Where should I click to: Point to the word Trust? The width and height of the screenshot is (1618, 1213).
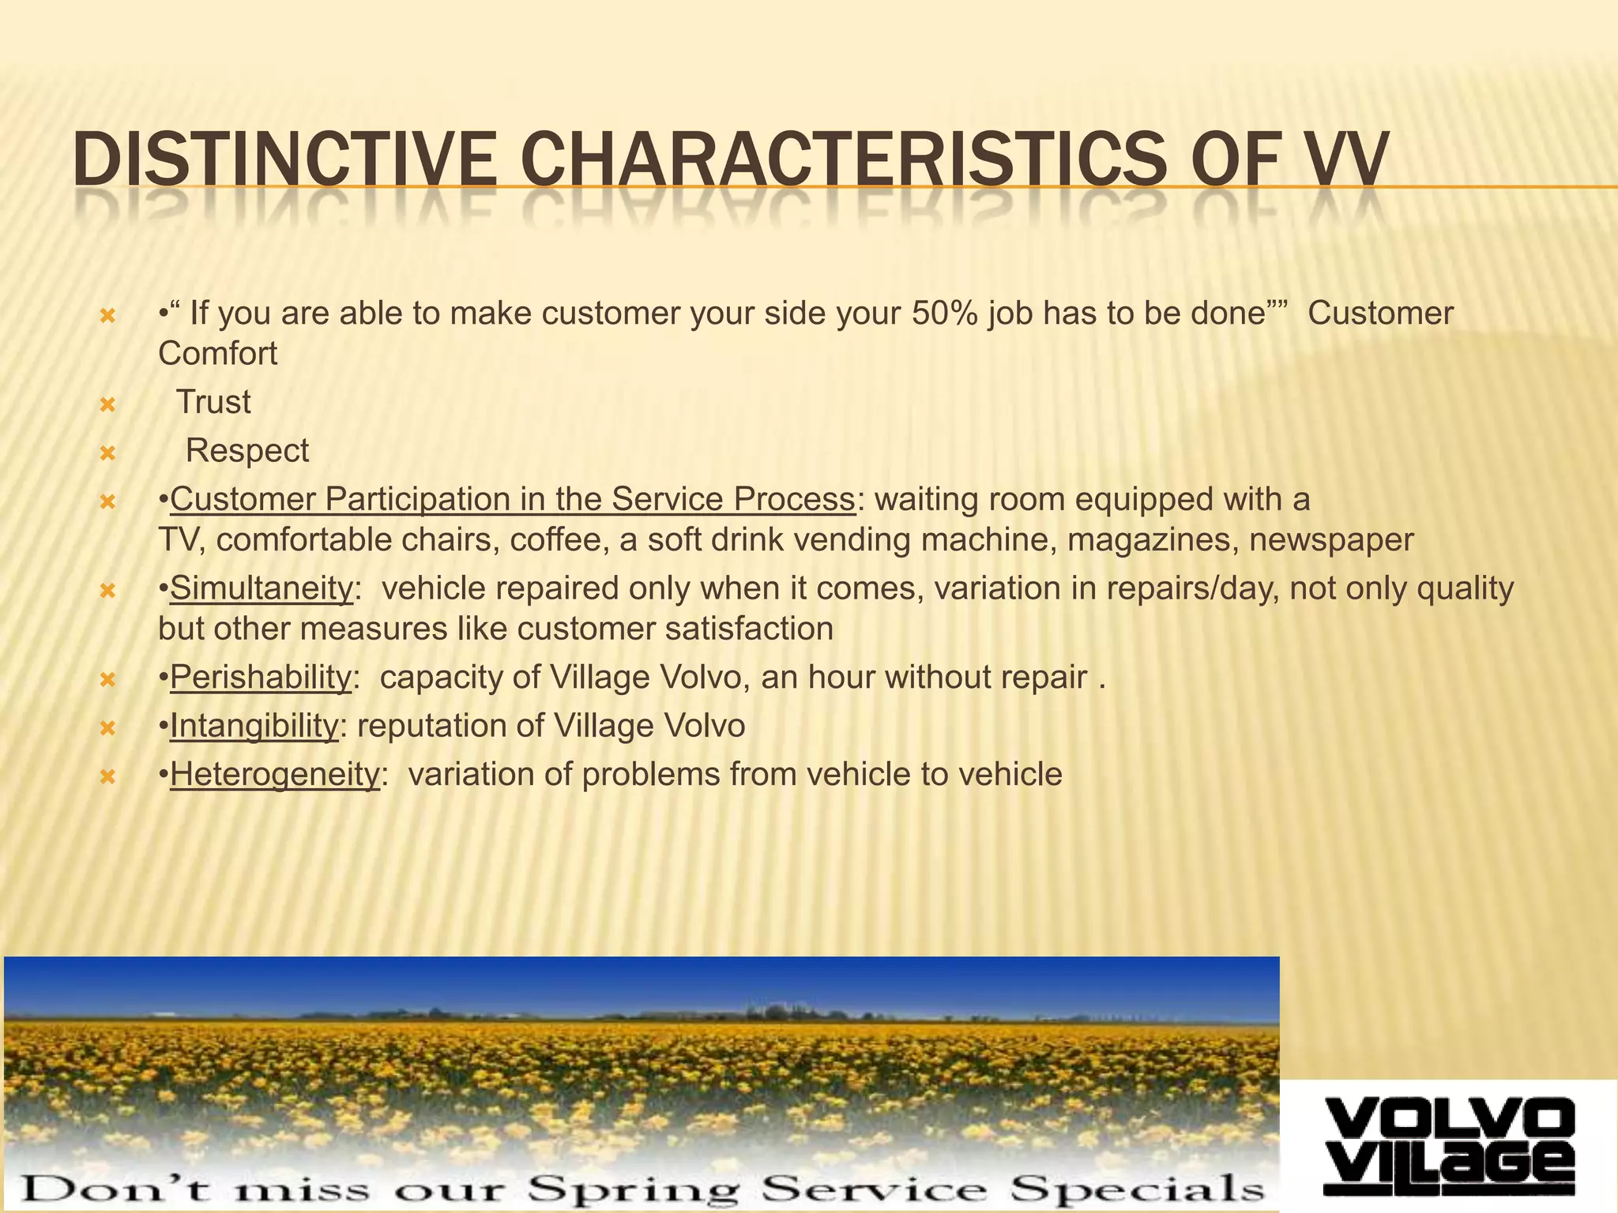[x=213, y=402]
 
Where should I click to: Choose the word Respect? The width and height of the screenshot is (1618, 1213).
[x=247, y=451]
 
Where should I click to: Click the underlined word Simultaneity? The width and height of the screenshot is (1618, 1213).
[x=262, y=588]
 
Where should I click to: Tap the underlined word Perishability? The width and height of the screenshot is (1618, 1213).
[x=261, y=678]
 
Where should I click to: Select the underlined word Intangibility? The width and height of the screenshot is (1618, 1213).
[x=254, y=726]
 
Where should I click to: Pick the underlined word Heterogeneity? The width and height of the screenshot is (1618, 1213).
[x=275, y=774]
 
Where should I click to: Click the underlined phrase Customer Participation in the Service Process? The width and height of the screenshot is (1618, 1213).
[x=513, y=500]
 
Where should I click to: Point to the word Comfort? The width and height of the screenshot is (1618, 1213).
[x=218, y=354]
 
